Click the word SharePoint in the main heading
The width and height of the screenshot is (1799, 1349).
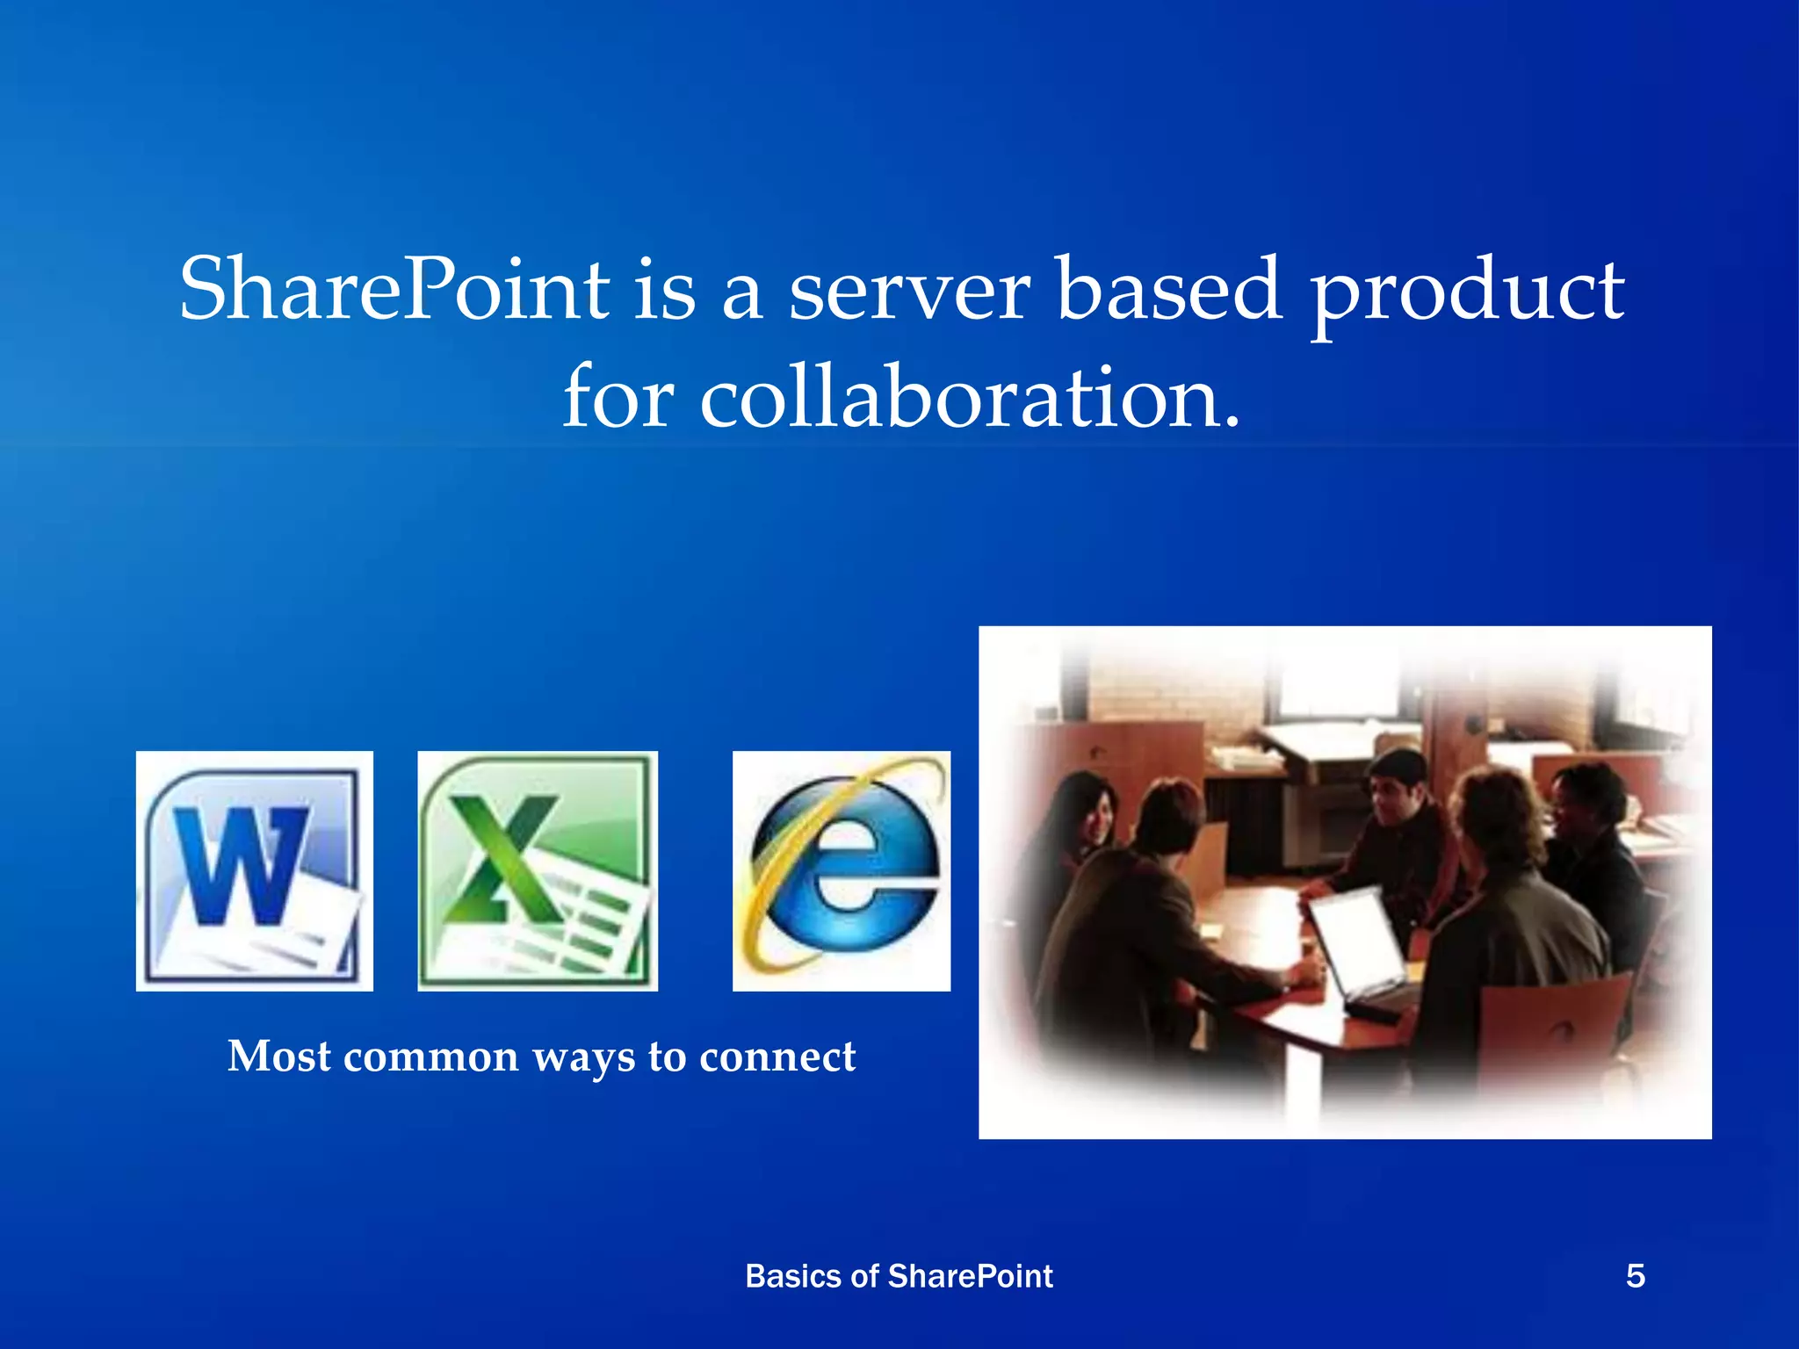coord(394,289)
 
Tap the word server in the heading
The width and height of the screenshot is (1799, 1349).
coord(909,291)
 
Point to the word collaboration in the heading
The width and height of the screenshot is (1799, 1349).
coord(970,400)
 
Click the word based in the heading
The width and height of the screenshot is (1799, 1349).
coord(1167,289)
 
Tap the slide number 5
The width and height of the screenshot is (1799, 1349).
coord(1635,1276)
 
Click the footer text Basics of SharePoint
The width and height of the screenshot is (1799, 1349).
coord(899,1276)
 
